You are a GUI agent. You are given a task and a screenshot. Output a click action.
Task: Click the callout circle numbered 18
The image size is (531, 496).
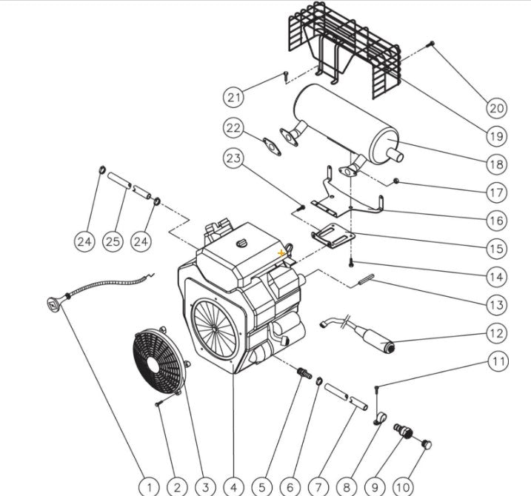(x=496, y=164)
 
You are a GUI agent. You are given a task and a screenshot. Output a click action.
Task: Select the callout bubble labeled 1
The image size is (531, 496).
(x=150, y=486)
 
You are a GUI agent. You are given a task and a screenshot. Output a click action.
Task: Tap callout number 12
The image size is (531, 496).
(x=496, y=333)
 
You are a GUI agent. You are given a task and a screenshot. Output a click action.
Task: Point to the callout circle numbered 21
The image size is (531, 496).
(x=234, y=96)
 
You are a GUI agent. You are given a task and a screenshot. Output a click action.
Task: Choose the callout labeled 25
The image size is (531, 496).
(x=112, y=241)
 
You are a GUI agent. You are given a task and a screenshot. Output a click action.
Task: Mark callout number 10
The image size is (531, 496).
(x=403, y=486)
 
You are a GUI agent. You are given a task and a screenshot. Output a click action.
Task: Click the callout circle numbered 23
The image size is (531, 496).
(x=234, y=158)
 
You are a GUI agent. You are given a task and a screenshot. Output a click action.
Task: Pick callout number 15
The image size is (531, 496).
(x=496, y=248)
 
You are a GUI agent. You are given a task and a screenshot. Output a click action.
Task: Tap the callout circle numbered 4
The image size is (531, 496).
(x=234, y=486)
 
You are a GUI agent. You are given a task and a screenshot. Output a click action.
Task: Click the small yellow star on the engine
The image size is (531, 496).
(x=281, y=253)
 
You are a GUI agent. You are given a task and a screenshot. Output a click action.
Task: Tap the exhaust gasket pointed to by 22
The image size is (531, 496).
(x=273, y=144)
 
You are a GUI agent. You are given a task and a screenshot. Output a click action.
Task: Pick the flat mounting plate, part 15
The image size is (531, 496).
(x=333, y=236)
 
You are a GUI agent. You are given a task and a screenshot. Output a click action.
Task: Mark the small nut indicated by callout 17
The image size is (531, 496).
(x=398, y=180)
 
